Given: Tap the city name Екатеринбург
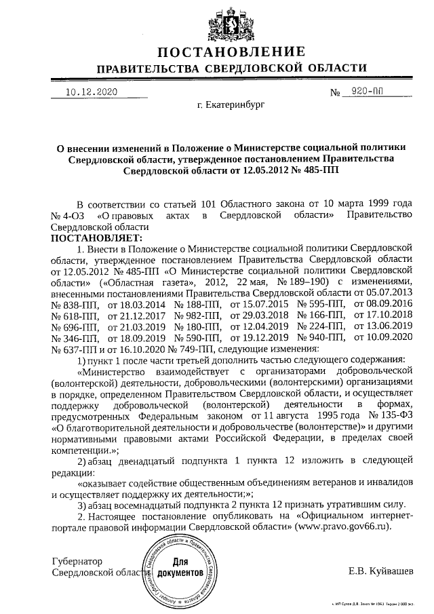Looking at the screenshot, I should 231,106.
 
